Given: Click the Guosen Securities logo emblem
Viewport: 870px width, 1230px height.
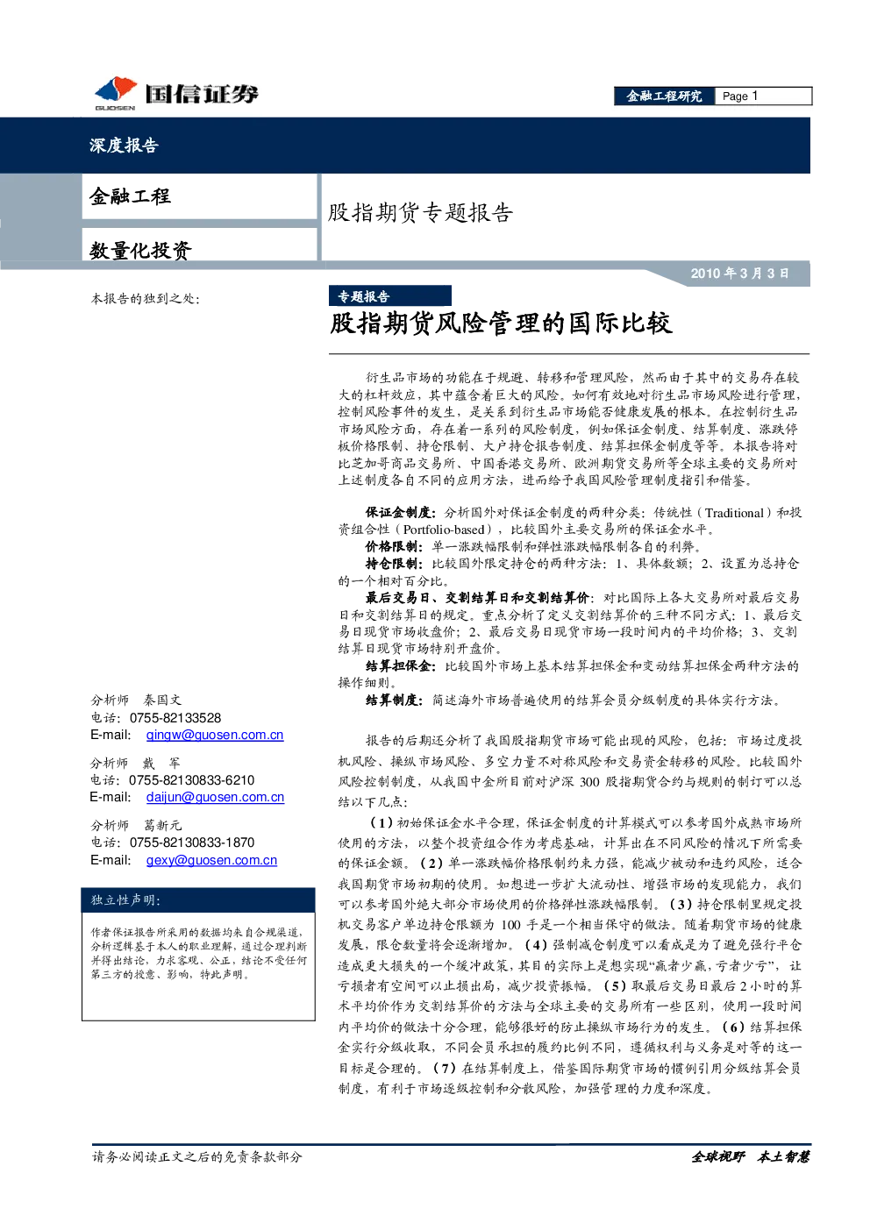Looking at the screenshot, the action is click(116, 91).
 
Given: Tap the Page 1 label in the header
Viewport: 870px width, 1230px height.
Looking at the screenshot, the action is click(740, 96).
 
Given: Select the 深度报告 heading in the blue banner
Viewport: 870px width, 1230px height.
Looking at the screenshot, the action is click(125, 145).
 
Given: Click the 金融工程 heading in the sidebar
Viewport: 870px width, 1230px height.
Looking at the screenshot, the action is click(130, 196).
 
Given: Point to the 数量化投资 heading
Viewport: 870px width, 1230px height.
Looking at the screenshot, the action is click(140, 251).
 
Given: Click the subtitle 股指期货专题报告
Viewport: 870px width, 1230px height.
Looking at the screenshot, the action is click(420, 212).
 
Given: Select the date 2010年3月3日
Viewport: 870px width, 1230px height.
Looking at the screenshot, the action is click(740, 273).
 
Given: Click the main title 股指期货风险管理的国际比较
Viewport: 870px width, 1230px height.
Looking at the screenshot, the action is click(501, 323).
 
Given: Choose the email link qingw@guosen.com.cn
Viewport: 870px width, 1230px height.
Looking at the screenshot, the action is click(215, 735).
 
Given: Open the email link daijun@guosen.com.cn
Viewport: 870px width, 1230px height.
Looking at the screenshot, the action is click(215, 797).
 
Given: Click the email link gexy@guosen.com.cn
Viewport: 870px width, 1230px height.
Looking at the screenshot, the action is click(211, 860).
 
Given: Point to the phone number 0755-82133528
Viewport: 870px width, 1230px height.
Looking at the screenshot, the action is click(175, 718).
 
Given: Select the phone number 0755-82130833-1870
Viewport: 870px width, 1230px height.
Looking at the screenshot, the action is click(192, 843).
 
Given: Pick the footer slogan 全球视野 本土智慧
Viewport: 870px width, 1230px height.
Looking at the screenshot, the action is click(750, 1156).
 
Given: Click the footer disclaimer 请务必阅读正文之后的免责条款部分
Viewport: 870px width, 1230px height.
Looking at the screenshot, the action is click(196, 1156).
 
